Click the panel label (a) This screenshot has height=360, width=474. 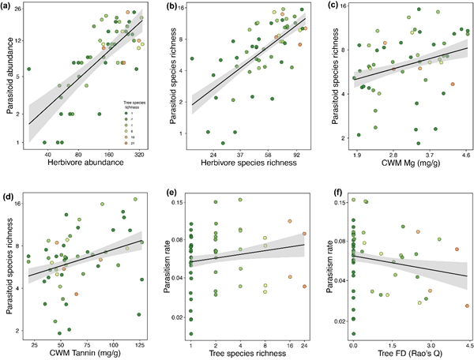(7, 7)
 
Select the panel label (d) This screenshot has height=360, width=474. (7, 186)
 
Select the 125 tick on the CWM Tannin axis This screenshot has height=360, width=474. (141, 344)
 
